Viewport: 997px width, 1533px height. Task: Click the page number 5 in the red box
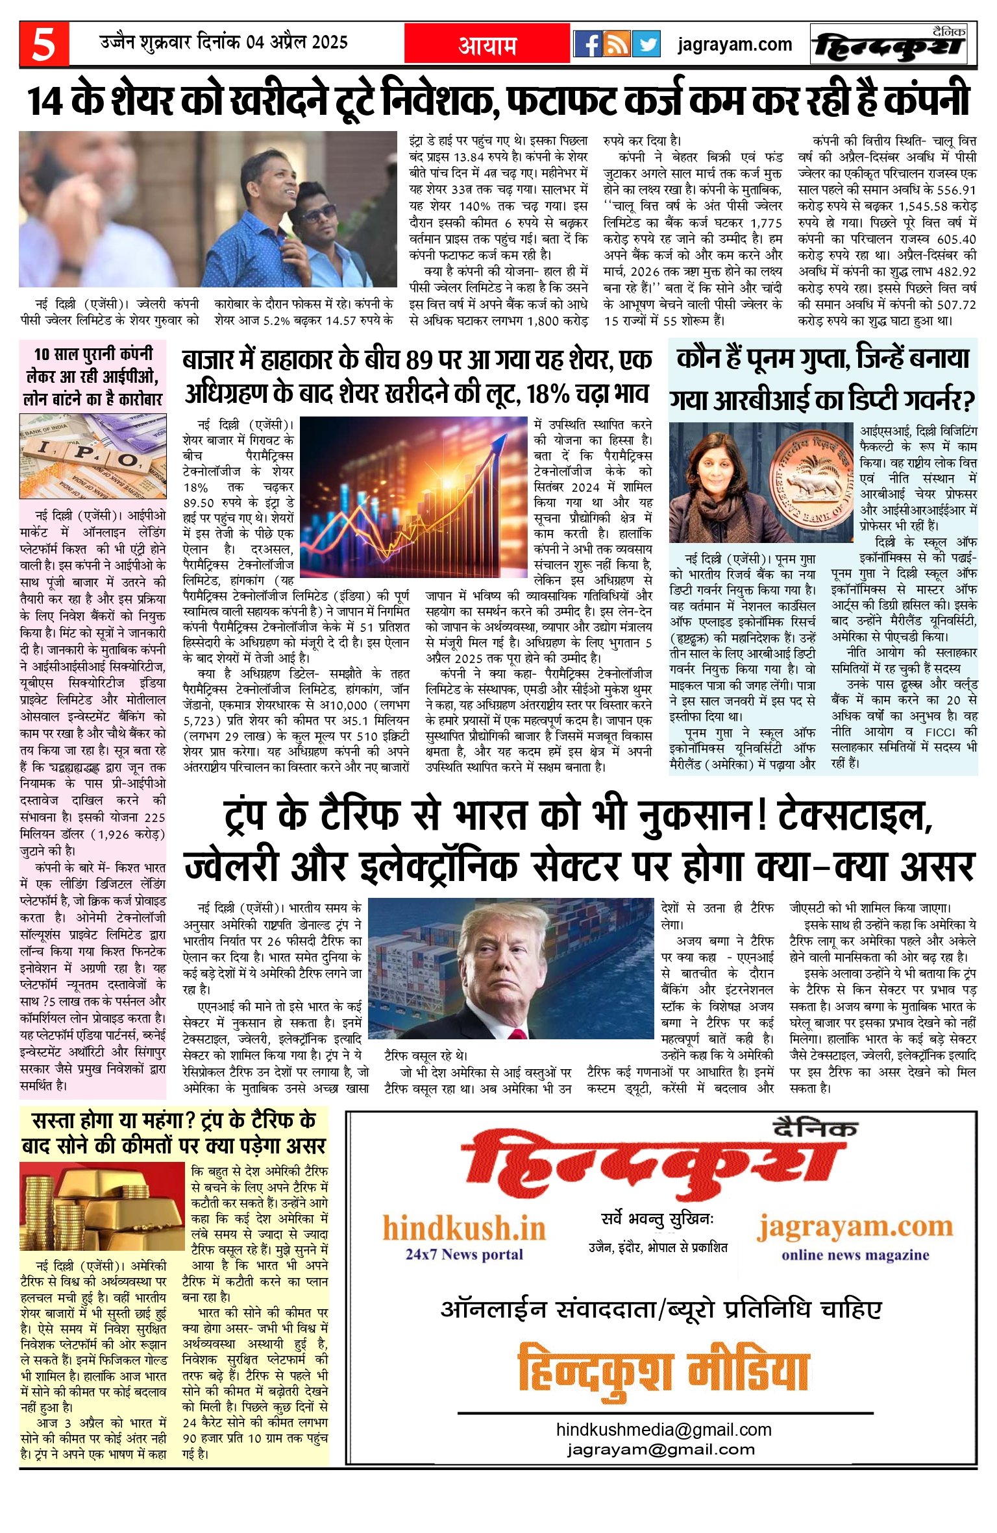coord(43,45)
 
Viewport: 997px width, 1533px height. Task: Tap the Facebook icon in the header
coord(588,44)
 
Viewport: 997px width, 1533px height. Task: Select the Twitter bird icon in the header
coord(646,44)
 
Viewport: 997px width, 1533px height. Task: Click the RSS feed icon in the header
coord(617,44)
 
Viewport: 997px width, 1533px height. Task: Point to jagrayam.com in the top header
coord(735,45)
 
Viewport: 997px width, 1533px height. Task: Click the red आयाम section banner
coord(487,45)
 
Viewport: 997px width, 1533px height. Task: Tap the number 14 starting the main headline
coord(45,102)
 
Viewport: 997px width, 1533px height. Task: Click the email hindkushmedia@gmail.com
coord(663,1429)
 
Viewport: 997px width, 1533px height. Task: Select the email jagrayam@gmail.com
coord(661,1449)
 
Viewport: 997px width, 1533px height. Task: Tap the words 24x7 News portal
coord(464,1253)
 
